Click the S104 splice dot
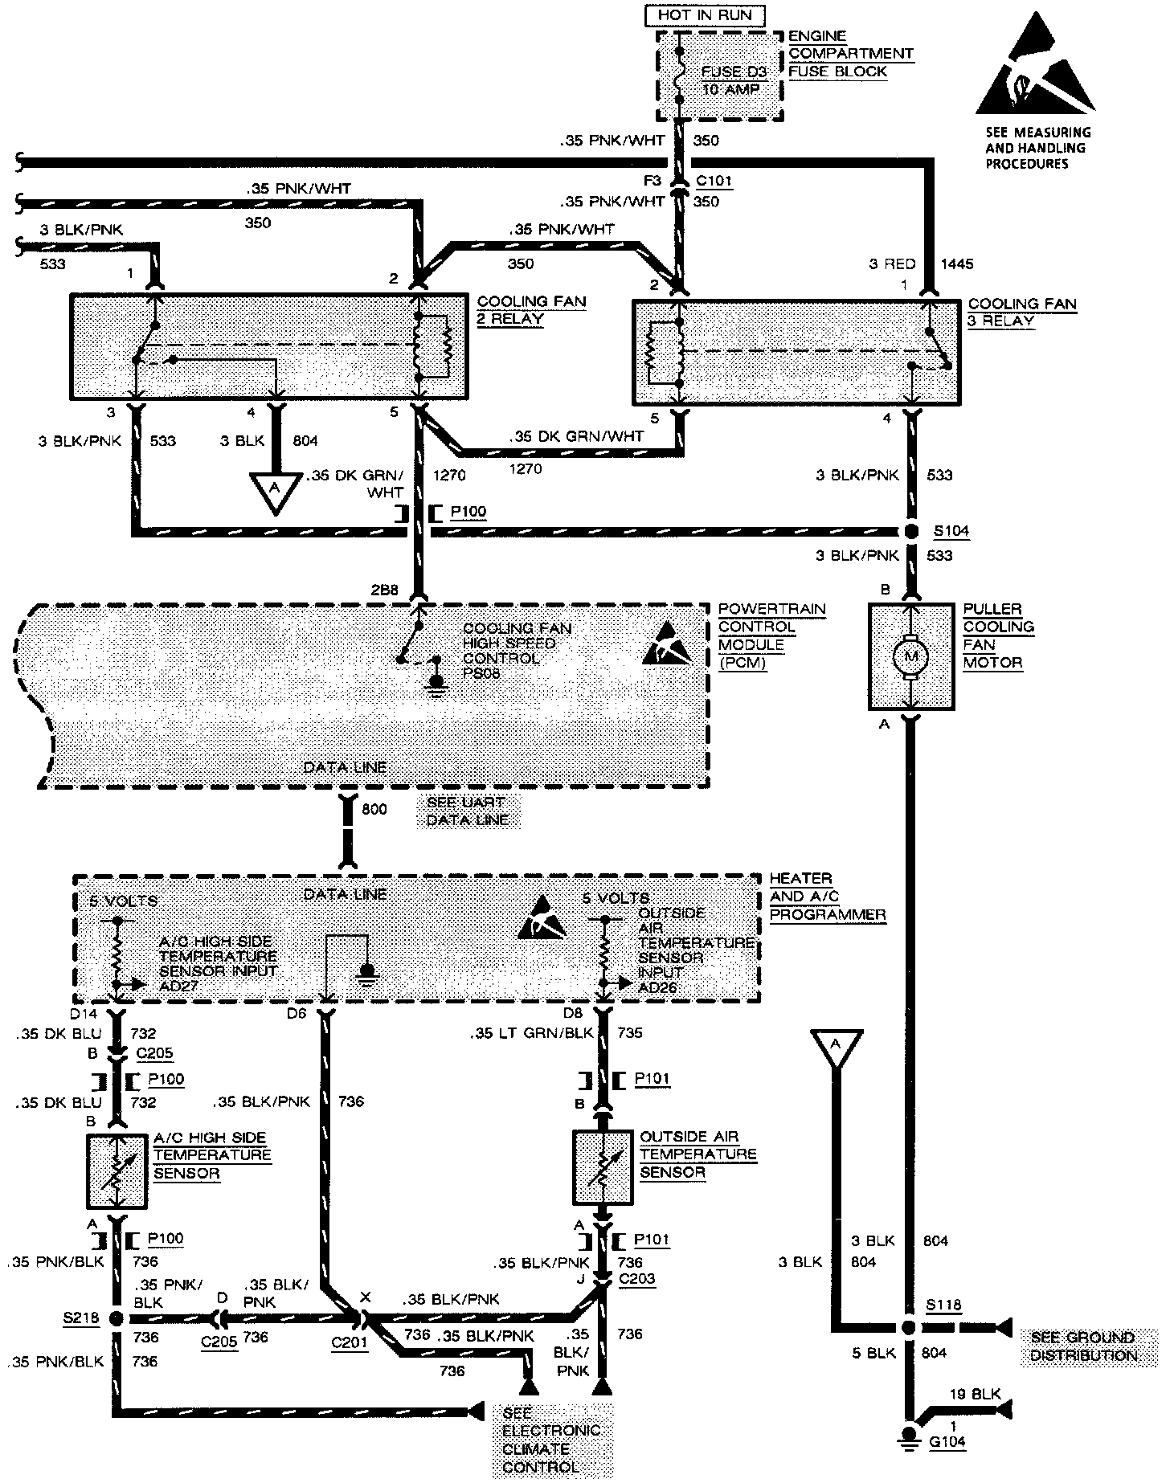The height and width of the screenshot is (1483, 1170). [x=911, y=532]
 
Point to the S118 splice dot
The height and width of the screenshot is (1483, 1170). [x=910, y=1328]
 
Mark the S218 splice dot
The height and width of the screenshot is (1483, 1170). [x=116, y=1318]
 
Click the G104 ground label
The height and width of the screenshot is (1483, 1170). [x=947, y=1441]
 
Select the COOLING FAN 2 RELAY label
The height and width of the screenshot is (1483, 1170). [x=531, y=310]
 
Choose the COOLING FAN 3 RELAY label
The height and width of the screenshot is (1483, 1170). [x=1021, y=313]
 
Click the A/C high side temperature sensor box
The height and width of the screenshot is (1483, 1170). [x=117, y=1170]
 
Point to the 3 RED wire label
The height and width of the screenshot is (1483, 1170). [x=892, y=264]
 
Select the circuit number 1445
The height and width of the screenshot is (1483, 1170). [x=956, y=264]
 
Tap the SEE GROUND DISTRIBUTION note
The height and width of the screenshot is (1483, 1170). [x=1082, y=1346]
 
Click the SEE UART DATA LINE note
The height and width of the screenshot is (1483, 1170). [x=468, y=811]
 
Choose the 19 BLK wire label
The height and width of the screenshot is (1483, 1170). [x=975, y=1394]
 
